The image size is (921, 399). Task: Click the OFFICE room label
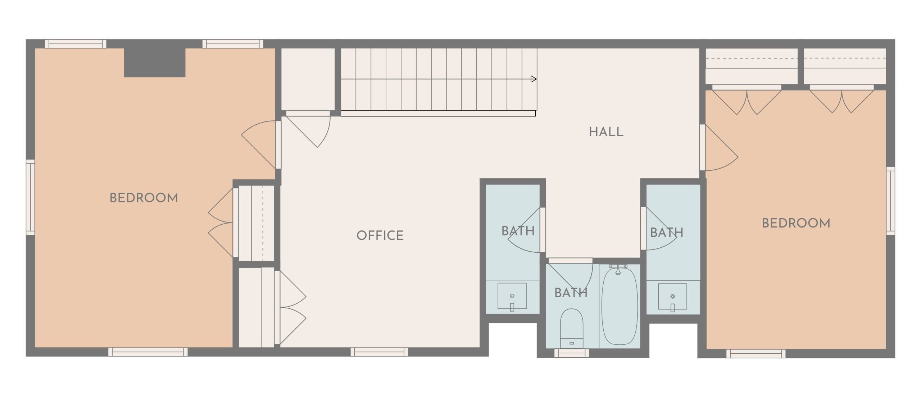(x=380, y=235)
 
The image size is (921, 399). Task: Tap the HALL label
(x=606, y=132)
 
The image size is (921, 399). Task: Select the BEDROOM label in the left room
(x=144, y=198)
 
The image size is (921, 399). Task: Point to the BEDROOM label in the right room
(x=796, y=223)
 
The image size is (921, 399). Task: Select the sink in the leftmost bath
(x=512, y=296)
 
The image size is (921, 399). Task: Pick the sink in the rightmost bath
(x=672, y=297)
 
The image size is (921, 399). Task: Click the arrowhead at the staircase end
(x=534, y=79)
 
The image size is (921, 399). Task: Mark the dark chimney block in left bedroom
(x=155, y=63)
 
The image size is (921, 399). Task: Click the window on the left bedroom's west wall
(x=31, y=197)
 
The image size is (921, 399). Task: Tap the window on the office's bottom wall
(x=379, y=352)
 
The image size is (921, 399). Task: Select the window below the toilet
(x=572, y=353)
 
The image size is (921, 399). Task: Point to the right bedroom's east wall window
(x=890, y=201)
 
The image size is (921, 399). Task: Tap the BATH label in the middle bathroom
(x=571, y=293)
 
